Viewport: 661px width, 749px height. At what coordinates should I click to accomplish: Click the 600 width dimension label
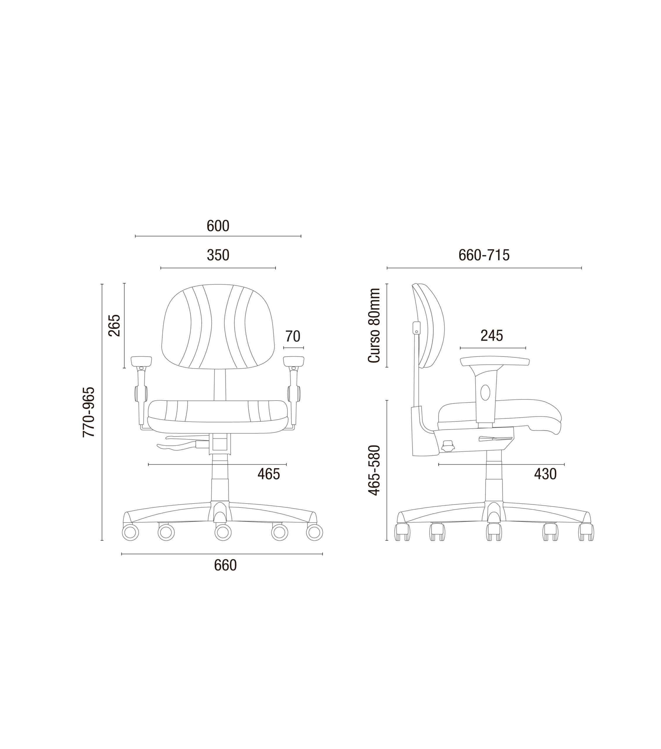pos(218,226)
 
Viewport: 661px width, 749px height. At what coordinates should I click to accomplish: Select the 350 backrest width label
pos(218,255)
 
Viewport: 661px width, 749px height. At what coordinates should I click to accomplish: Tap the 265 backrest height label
pos(114,325)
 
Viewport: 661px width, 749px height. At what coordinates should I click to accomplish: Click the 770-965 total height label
pos(89,412)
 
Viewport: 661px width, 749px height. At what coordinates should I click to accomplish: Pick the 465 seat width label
pos(269,474)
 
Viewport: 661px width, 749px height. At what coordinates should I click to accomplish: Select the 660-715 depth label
pos(484,255)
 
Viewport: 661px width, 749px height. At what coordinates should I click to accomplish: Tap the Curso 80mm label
pos(374,326)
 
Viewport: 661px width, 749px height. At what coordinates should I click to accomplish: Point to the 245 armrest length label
pos(492,336)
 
